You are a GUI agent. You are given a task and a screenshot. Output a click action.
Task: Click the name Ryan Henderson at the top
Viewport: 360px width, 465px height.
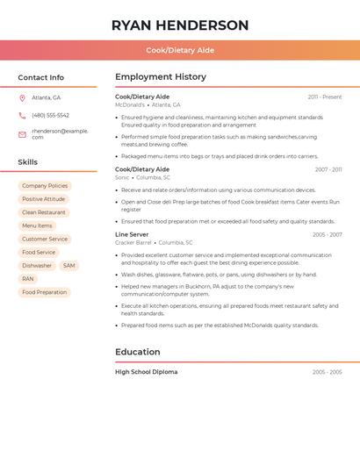click(180, 25)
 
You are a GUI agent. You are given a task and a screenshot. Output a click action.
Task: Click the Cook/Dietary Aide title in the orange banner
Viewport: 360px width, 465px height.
click(180, 50)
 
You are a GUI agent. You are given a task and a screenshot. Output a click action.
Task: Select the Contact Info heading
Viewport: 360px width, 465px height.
click(41, 77)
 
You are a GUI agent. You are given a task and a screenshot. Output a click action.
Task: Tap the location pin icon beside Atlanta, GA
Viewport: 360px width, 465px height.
click(22, 97)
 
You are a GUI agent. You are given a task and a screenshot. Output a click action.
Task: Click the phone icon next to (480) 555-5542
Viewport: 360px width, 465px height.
click(22, 115)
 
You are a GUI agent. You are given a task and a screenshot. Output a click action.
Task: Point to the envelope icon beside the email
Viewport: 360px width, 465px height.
click(22, 134)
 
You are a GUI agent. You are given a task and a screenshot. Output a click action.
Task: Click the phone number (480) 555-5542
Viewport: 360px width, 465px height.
click(50, 115)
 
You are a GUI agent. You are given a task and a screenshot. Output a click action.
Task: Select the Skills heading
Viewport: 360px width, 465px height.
click(28, 162)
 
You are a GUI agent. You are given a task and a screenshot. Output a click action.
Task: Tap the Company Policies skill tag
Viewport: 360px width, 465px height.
click(45, 186)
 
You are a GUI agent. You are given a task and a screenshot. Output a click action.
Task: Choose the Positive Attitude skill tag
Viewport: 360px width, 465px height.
click(44, 199)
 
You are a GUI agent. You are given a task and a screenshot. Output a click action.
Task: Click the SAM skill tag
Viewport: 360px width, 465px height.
click(68, 265)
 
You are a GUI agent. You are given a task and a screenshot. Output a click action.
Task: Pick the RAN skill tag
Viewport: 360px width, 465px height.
click(28, 279)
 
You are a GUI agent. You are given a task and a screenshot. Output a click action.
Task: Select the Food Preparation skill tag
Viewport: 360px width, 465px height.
click(44, 292)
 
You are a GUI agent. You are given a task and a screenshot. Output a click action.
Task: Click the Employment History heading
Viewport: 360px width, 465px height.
click(161, 77)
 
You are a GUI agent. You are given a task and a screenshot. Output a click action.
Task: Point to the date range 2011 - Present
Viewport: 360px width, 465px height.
click(324, 97)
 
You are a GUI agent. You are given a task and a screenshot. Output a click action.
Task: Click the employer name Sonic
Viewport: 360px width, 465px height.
click(122, 177)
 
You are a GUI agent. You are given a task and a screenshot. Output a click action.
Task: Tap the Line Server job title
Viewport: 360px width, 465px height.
click(132, 234)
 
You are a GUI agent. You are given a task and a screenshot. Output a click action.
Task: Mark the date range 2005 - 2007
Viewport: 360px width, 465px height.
click(327, 234)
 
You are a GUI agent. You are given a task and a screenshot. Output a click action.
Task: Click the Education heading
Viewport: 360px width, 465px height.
click(138, 352)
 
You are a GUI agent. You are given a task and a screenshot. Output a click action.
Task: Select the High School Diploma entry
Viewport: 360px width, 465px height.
click(146, 372)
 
